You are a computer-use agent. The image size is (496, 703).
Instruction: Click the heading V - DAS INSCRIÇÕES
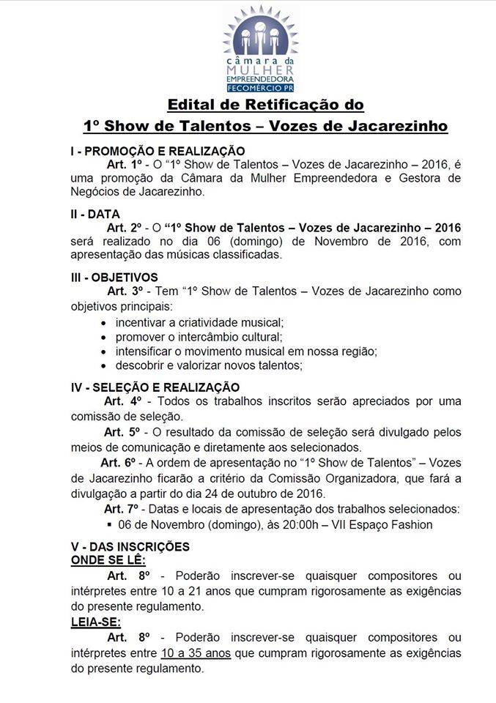coord(130,547)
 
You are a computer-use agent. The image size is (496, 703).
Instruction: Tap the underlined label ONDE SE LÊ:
coord(108,560)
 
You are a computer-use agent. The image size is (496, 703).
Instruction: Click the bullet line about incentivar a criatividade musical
coord(199,322)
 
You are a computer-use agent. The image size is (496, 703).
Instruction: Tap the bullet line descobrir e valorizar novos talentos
coord(208,365)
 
